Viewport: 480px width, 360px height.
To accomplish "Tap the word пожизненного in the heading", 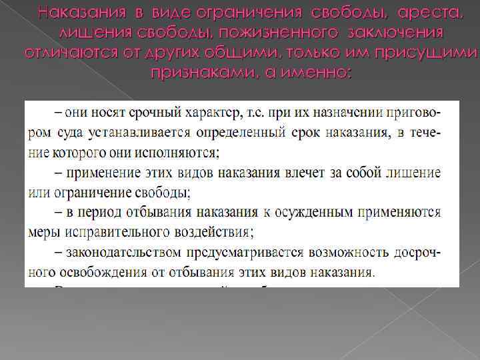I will tap(243, 33).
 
